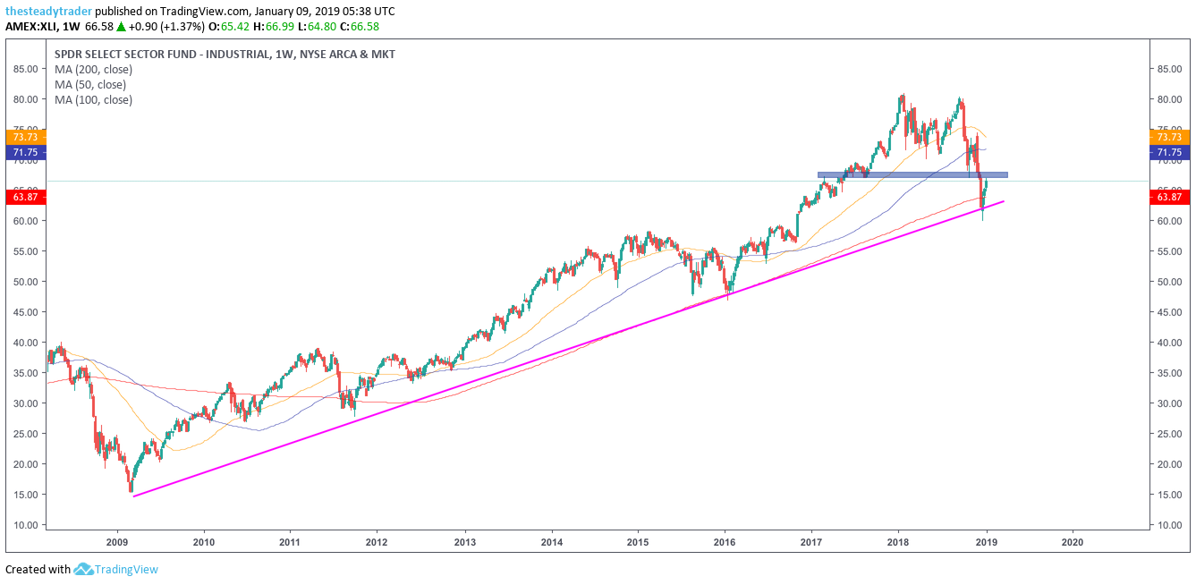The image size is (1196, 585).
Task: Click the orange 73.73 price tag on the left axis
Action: click(21, 137)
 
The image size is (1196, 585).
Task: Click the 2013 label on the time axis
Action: click(464, 541)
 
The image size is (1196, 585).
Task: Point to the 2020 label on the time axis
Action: click(1073, 541)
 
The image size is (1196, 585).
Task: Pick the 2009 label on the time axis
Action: click(117, 541)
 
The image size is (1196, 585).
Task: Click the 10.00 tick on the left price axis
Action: click(25, 525)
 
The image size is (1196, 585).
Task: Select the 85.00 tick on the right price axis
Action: click(1169, 69)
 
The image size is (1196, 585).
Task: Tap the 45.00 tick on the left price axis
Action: click(25, 312)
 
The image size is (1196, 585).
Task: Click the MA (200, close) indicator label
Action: click(93, 70)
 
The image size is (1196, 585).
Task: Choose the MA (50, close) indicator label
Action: click(90, 85)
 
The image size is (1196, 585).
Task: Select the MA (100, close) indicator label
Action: click(93, 100)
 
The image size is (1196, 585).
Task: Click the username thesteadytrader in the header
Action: click(48, 12)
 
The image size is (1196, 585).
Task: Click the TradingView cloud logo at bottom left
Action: click(84, 569)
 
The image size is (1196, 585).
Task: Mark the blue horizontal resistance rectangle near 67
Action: click(912, 174)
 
